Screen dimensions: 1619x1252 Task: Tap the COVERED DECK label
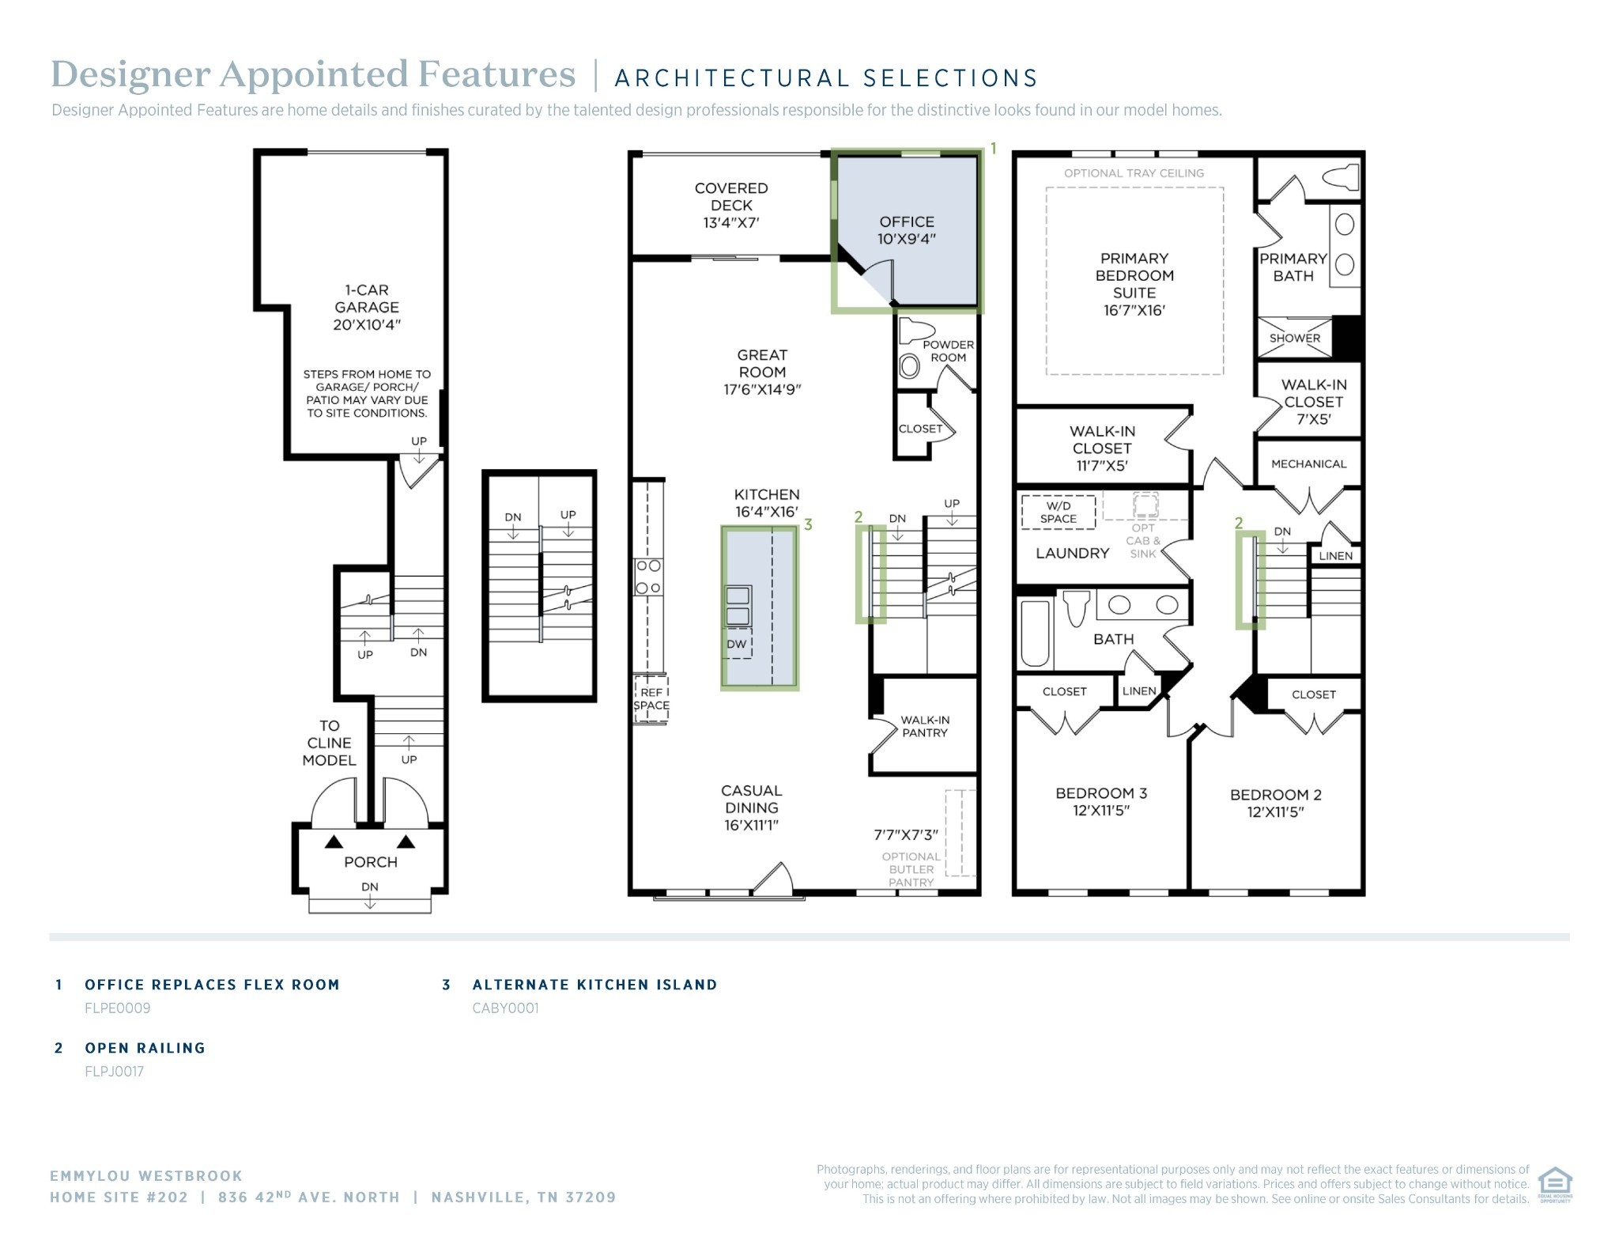pyautogui.click(x=731, y=205)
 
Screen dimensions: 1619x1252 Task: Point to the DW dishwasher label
pyautogui.click(x=737, y=644)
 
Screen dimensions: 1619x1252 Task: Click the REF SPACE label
pyautogui.click(x=651, y=698)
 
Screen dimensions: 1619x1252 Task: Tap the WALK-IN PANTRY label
pyautogui.click(x=925, y=726)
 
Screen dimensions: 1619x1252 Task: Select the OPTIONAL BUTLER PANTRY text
pyautogui.click(x=911, y=869)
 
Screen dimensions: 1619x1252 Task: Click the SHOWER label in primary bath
pyautogui.click(x=1295, y=338)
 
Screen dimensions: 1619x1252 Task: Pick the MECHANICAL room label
pyautogui.click(x=1308, y=464)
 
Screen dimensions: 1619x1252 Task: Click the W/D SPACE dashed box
pyautogui.click(x=1059, y=512)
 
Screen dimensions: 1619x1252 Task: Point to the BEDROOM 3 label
pyautogui.click(x=1101, y=801)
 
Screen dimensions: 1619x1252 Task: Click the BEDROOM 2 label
pyautogui.click(x=1276, y=803)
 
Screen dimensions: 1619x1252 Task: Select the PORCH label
pyautogui.click(x=371, y=862)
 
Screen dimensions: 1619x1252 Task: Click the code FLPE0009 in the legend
pyautogui.click(x=118, y=1008)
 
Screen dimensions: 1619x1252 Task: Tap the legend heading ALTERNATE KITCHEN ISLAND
pyautogui.click(x=594, y=985)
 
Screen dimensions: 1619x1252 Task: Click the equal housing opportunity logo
pyautogui.click(x=1554, y=1183)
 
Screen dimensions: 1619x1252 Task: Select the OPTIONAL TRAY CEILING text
pyautogui.click(x=1134, y=173)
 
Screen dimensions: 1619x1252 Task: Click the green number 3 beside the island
pyautogui.click(x=808, y=524)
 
